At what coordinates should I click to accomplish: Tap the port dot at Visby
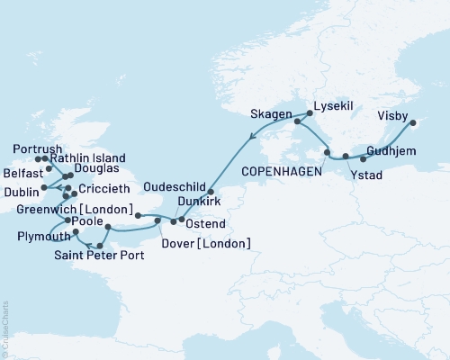click(x=413, y=122)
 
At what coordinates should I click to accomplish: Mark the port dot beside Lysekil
click(x=310, y=113)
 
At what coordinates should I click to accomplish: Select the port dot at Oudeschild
click(x=211, y=192)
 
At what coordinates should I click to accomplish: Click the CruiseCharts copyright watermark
click(x=5, y=328)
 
